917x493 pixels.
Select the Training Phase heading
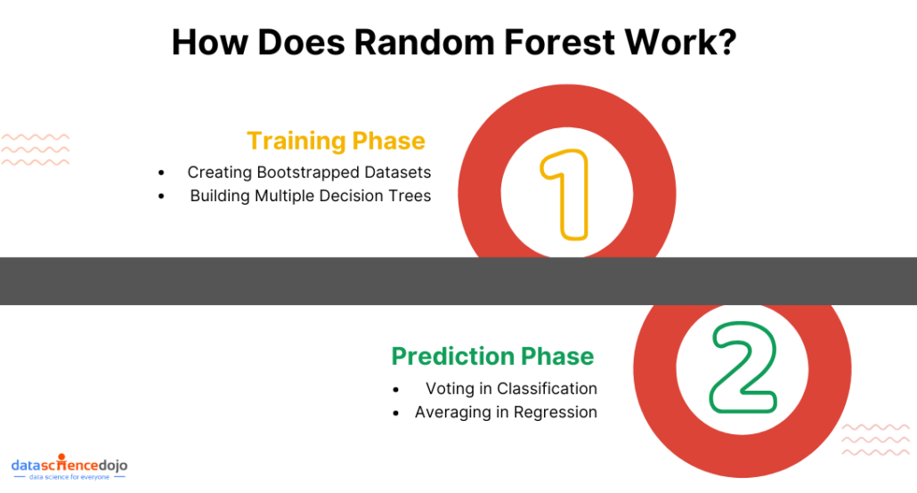coord(336,141)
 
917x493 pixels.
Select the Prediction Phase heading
coord(492,356)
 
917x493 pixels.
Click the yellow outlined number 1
coord(564,194)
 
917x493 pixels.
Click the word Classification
coord(547,389)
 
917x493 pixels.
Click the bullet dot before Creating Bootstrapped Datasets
coord(161,173)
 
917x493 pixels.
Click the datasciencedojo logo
coord(69,465)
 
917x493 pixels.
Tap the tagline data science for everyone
coord(69,478)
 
